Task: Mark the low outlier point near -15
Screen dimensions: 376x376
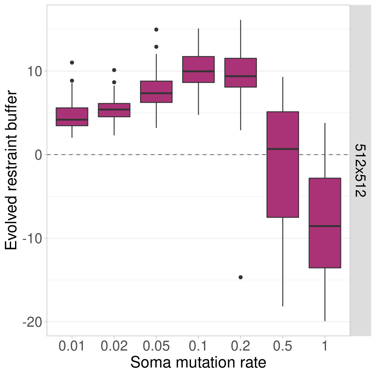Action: click(241, 277)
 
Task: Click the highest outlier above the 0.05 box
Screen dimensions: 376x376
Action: click(156, 30)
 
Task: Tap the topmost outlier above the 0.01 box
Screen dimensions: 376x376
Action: click(72, 62)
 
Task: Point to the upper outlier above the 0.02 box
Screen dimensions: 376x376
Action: click(114, 70)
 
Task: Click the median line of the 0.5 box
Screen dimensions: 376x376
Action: click(283, 149)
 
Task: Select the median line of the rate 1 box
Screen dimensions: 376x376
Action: click(325, 226)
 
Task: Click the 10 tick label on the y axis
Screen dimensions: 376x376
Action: click(34, 71)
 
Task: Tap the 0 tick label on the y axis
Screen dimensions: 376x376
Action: click(39, 155)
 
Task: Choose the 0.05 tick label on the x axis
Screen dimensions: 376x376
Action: click(156, 346)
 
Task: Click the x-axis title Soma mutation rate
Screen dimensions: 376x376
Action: click(198, 363)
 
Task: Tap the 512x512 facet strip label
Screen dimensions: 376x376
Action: click(360, 170)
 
